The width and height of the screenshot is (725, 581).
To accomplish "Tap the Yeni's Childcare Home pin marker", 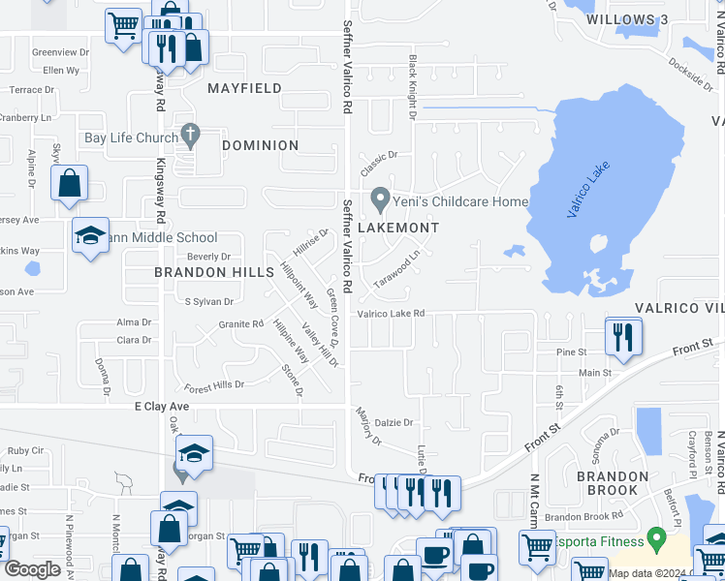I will [x=380, y=200].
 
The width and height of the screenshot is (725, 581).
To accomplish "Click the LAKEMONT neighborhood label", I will [x=398, y=228].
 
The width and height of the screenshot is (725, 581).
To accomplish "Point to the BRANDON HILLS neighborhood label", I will [x=214, y=272].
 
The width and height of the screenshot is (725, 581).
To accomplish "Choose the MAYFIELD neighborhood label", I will [x=245, y=88].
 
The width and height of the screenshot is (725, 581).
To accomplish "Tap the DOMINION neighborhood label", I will [x=260, y=145].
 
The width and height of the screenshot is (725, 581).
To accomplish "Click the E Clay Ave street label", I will [x=162, y=408].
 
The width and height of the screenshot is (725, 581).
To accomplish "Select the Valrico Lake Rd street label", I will [x=392, y=314].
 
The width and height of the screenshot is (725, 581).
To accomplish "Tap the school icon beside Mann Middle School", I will [x=90, y=235].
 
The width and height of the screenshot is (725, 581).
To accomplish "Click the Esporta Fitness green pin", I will [x=656, y=535].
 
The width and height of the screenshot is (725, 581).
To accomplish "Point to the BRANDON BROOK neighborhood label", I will [x=613, y=483].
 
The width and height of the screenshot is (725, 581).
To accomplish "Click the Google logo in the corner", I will [x=32, y=568].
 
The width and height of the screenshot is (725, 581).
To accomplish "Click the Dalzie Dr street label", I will [x=394, y=422].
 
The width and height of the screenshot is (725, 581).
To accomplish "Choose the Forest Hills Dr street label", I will [x=214, y=384].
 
